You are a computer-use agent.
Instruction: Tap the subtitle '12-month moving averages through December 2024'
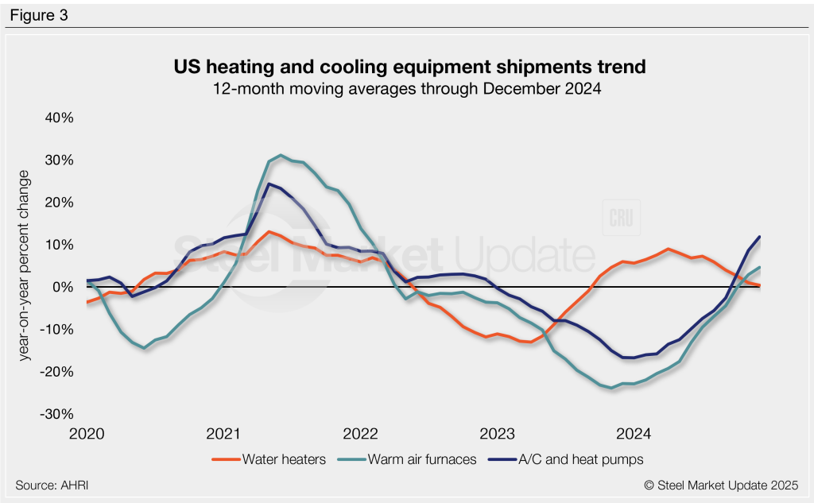[x=407, y=89]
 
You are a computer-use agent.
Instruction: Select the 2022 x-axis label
[x=360, y=434]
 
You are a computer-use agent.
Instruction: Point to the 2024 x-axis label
[x=634, y=434]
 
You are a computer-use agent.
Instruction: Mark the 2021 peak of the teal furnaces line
[x=281, y=155]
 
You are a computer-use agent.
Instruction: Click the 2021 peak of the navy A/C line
[x=269, y=184]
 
